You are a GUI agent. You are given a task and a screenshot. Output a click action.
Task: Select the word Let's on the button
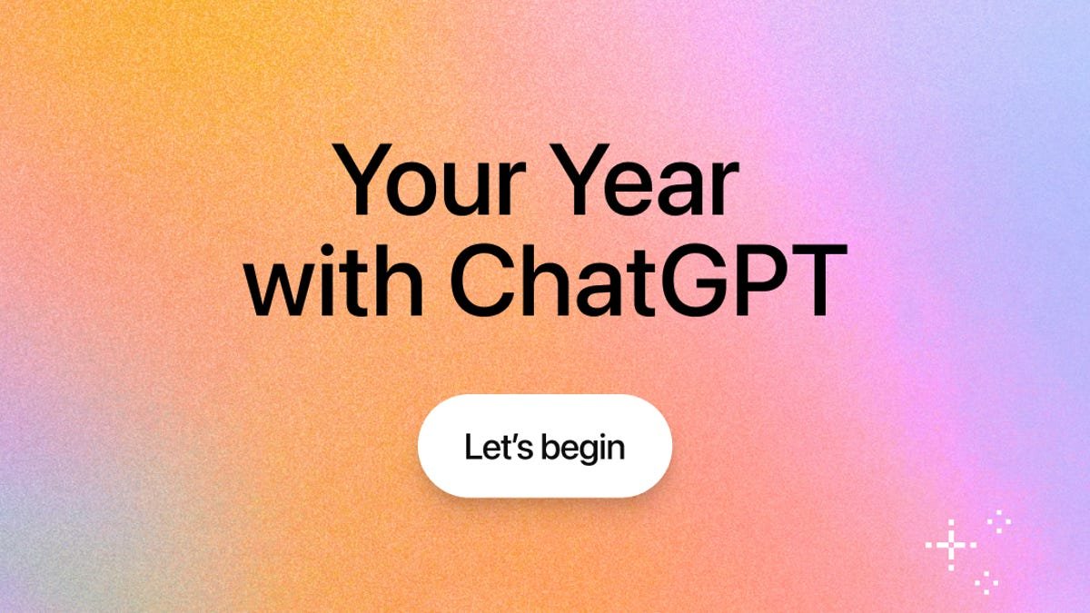point(495,447)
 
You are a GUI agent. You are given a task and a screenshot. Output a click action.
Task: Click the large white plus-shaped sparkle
point(950,545)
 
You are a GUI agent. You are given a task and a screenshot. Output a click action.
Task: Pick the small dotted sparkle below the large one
point(986,581)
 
